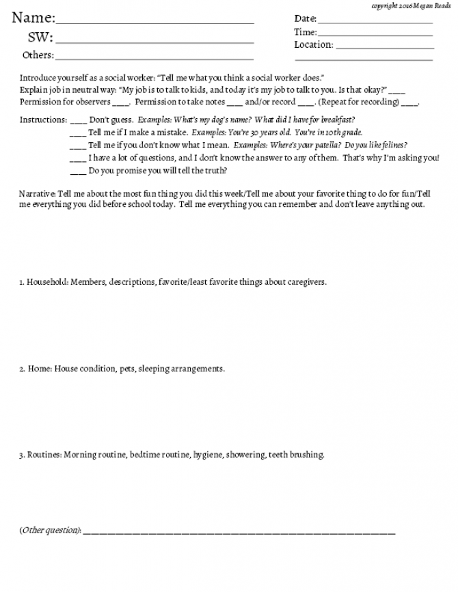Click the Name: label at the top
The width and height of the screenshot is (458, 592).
[x=33, y=18]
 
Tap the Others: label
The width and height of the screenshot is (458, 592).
[x=38, y=55]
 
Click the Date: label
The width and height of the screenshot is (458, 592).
[x=305, y=18]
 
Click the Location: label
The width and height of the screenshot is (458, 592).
[x=314, y=45]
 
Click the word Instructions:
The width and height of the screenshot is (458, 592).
[x=43, y=119]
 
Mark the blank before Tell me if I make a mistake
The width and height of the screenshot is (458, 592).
[x=78, y=133]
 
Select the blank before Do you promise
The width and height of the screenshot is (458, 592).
[x=78, y=171]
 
